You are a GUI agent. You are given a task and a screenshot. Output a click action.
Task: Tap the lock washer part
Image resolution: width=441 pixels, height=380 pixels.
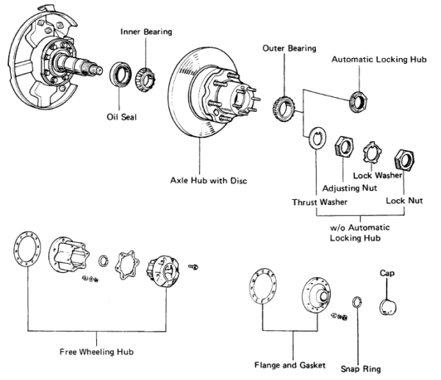click(x=373, y=152)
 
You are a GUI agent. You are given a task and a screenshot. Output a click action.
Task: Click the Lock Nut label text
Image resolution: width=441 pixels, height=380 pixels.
click(x=404, y=199)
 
